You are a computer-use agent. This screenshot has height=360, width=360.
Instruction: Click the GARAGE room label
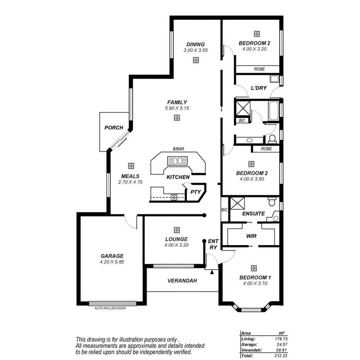pos(112,256)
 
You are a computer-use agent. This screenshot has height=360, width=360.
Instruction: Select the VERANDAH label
pos(182,281)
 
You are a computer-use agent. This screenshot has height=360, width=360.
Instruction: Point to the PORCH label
pos(114,127)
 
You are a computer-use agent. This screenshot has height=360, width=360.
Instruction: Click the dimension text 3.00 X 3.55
pos(196,50)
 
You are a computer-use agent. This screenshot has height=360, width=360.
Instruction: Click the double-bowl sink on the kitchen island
pos(177,161)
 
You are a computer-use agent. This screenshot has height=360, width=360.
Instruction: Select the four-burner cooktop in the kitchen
pos(174,197)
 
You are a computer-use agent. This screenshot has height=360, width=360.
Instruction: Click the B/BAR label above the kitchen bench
pos(178,149)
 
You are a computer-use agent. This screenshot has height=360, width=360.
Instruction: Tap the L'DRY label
pos(259,88)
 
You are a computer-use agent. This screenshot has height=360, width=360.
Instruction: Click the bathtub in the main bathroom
pos(273,111)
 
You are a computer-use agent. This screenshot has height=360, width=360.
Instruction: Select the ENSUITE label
pos(253,214)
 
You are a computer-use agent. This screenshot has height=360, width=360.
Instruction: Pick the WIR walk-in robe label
pos(252,236)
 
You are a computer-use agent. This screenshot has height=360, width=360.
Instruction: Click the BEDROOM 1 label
pos(255,277)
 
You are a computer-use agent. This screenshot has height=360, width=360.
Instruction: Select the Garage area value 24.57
pos(284,345)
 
